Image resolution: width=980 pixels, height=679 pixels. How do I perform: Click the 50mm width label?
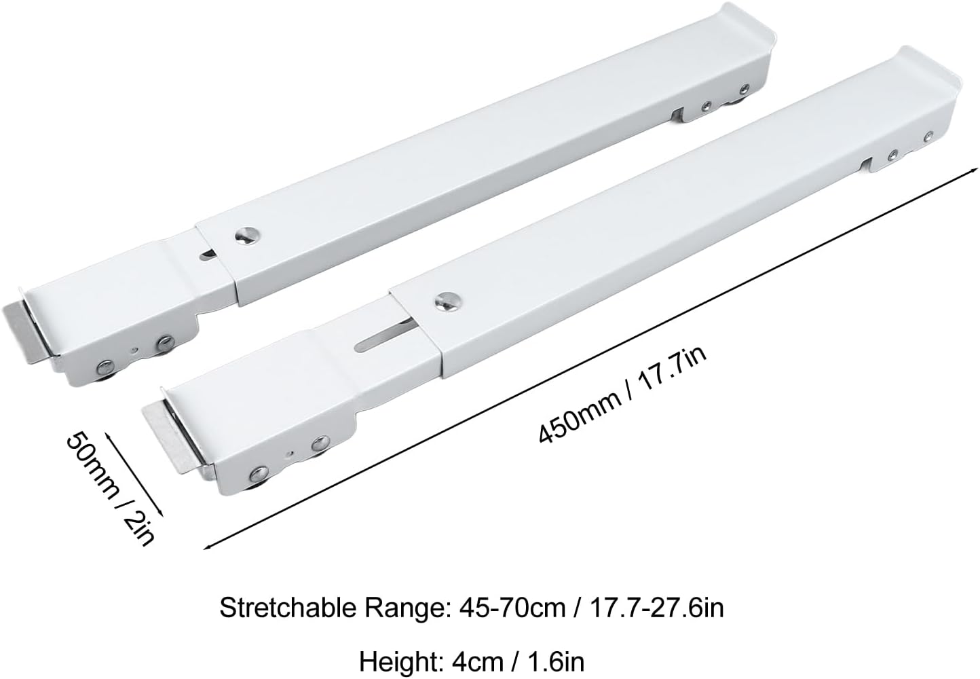[x=92, y=466]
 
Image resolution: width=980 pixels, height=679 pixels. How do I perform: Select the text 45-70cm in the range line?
[x=511, y=608]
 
